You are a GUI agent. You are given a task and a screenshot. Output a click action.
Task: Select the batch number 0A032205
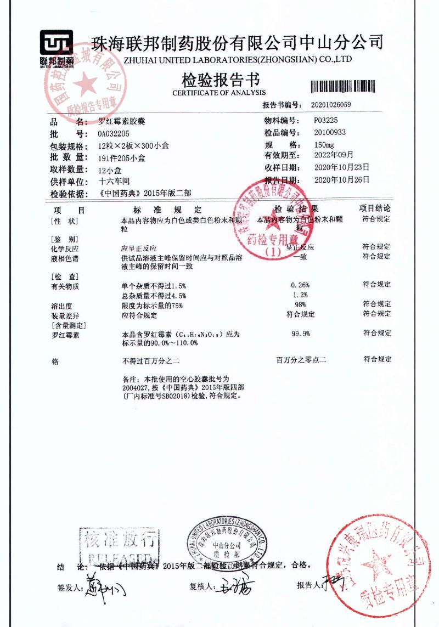point(114,134)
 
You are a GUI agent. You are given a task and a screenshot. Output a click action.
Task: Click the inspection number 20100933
point(330,133)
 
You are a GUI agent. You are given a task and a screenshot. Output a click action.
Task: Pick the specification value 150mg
point(323,145)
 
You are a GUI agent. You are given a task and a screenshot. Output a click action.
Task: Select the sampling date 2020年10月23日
point(341,167)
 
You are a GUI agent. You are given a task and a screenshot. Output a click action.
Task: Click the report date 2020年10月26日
point(341,180)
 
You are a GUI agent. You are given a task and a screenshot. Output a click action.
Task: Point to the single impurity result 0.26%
point(301,285)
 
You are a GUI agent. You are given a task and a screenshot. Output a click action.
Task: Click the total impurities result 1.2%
point(301,295)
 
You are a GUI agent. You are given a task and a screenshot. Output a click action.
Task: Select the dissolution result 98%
point(300,304)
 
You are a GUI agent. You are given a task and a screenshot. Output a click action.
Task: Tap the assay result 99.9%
point(301,334)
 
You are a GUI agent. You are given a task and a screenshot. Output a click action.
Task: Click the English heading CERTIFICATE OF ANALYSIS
point(219,93)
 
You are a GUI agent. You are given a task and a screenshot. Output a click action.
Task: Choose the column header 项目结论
point(375,208)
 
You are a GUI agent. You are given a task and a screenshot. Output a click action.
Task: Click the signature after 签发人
point(105,589)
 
